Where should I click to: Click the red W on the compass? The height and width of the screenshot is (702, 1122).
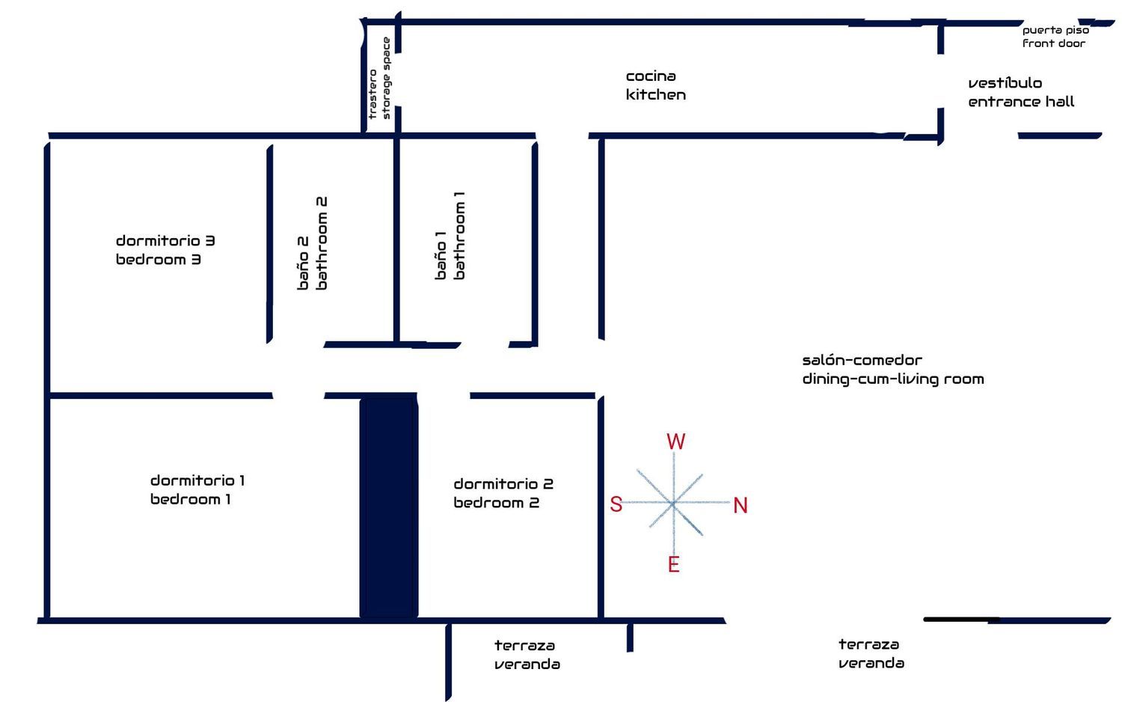(x=675, y=442)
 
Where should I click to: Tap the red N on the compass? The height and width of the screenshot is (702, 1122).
(x=741, y=505)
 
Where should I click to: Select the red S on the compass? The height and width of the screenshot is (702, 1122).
(x=616, y=504)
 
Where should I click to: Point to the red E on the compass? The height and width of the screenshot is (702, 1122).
(x=673, y=564)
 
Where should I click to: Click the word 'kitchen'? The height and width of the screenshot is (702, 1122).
(x=655, y=95)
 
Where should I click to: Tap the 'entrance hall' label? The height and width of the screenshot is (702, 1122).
(x=1021, y=102)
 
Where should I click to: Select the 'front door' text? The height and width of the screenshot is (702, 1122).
(x=1054, y=43)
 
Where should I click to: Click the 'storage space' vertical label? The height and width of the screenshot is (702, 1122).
(x=386, y=79)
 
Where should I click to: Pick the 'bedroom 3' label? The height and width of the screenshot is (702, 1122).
(x=159, y=260)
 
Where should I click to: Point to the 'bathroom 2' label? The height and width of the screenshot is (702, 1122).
(x=322, y=243)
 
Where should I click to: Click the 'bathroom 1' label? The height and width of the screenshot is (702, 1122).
(x=459, y=236)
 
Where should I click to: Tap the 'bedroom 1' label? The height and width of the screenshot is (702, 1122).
(x=191, y=499)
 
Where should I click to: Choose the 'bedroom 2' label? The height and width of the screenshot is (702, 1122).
(x=496, y=503)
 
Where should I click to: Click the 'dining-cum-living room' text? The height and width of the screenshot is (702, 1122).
(x=893, y=379)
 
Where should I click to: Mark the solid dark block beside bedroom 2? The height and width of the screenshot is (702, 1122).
(x=388, y=507)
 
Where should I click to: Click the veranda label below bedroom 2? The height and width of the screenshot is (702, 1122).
(x=527, y=665)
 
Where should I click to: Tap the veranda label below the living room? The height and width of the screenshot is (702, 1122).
(x=871, y=663)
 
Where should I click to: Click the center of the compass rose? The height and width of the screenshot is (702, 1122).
(x=673, y=503)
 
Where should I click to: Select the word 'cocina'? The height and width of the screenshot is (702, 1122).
(x=651, y=76)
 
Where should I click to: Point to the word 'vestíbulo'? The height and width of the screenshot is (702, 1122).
(x=1005, y=83)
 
